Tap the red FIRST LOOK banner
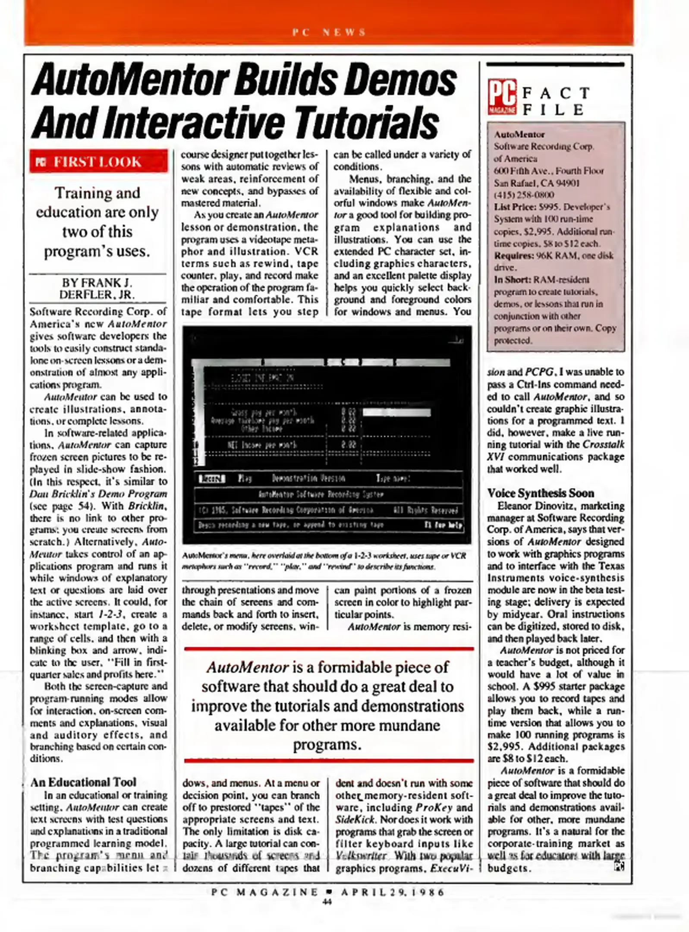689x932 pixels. click(x=98, y=162)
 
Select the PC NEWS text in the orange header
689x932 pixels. click(x=329, y=32)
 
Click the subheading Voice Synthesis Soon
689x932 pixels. click(x=541, y=493)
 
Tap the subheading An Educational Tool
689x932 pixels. click(x=83, y=782)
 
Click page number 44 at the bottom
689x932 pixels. click(x=327, y=901)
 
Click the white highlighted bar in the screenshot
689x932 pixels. click(x=396, y=412)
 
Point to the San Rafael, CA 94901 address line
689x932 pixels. click(x=537, y=183)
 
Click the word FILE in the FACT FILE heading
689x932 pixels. click(x=553, y=110)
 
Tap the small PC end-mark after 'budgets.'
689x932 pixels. click(x=620, y=866)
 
